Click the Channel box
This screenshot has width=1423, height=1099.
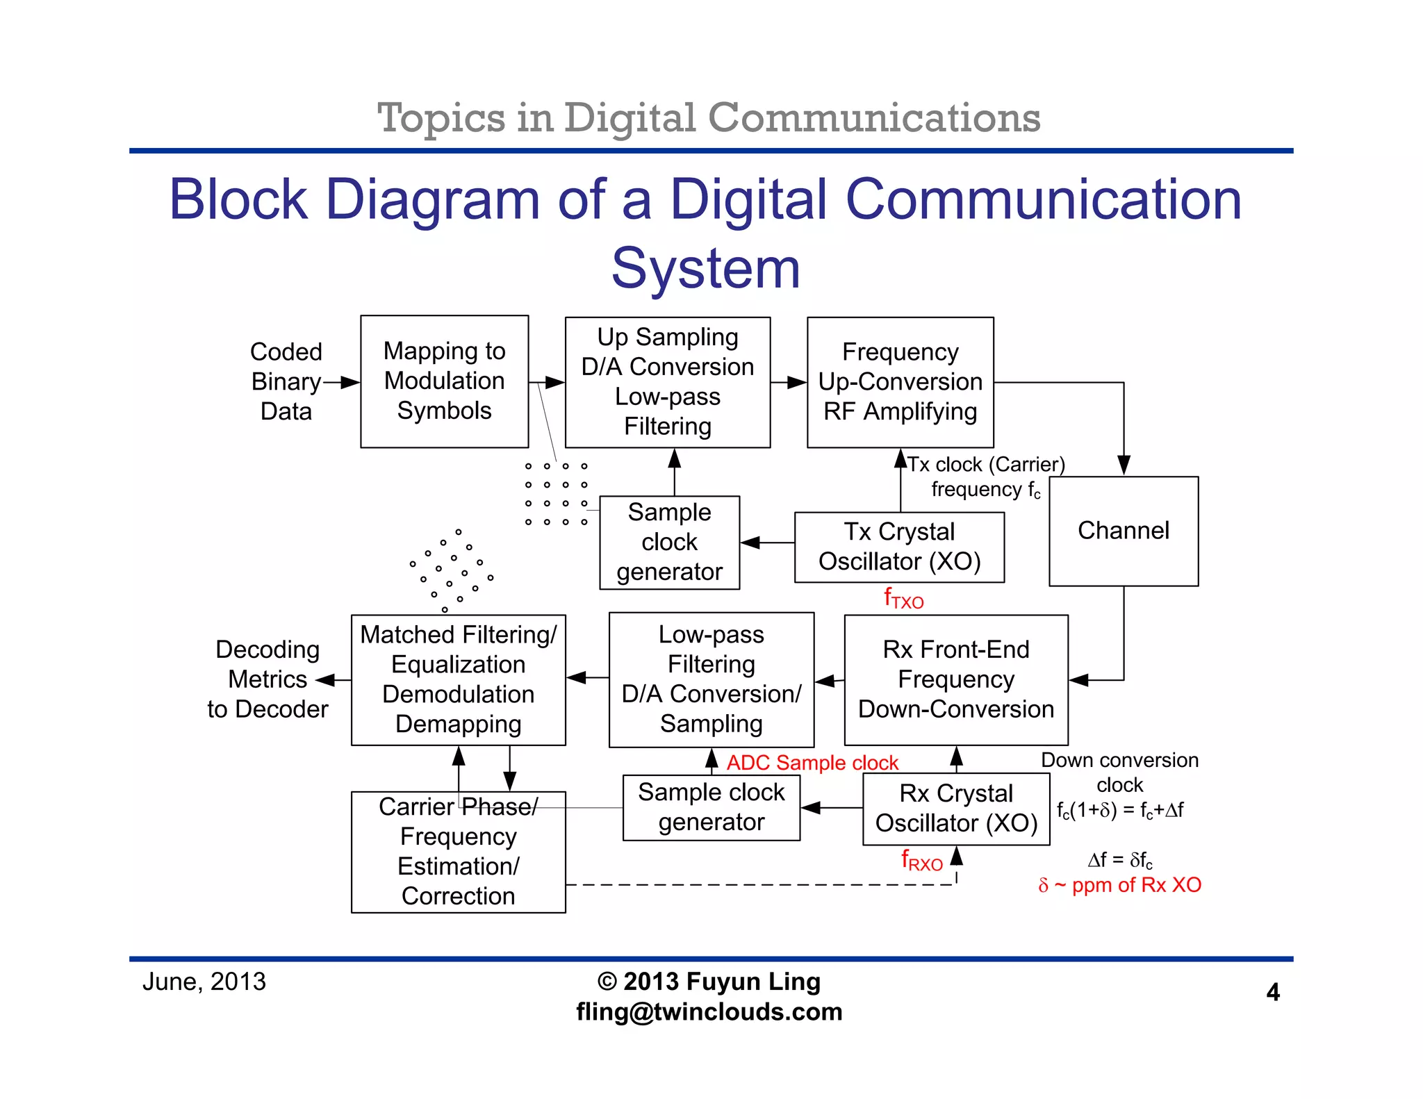coord(1123,531)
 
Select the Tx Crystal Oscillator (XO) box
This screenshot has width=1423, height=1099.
coord(899,547)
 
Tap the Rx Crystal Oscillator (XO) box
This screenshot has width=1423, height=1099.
coord(955,809)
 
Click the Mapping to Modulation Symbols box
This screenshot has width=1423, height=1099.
coord(444,381)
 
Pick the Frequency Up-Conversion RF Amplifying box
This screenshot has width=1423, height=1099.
coord(900,382)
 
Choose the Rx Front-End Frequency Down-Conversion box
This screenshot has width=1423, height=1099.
coord(955,679)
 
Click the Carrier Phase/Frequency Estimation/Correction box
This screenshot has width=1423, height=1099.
coord(458,852)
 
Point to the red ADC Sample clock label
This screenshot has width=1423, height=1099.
coord(812,763)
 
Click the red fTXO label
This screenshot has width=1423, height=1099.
coord(903,598)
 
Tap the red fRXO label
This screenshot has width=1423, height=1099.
coord(921,861)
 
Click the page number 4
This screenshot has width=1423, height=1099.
coord(1272,992)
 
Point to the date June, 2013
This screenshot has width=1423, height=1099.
coord(204,982)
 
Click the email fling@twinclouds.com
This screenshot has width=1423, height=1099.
coord(709,1011)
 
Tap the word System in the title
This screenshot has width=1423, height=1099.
coord(705,268)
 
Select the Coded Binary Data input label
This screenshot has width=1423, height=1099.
coord(286,381)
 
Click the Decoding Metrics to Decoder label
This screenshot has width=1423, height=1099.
coord(268,679)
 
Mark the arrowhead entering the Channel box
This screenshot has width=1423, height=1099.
coord(1124,465)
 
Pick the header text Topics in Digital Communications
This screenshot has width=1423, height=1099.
coord(709,117)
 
